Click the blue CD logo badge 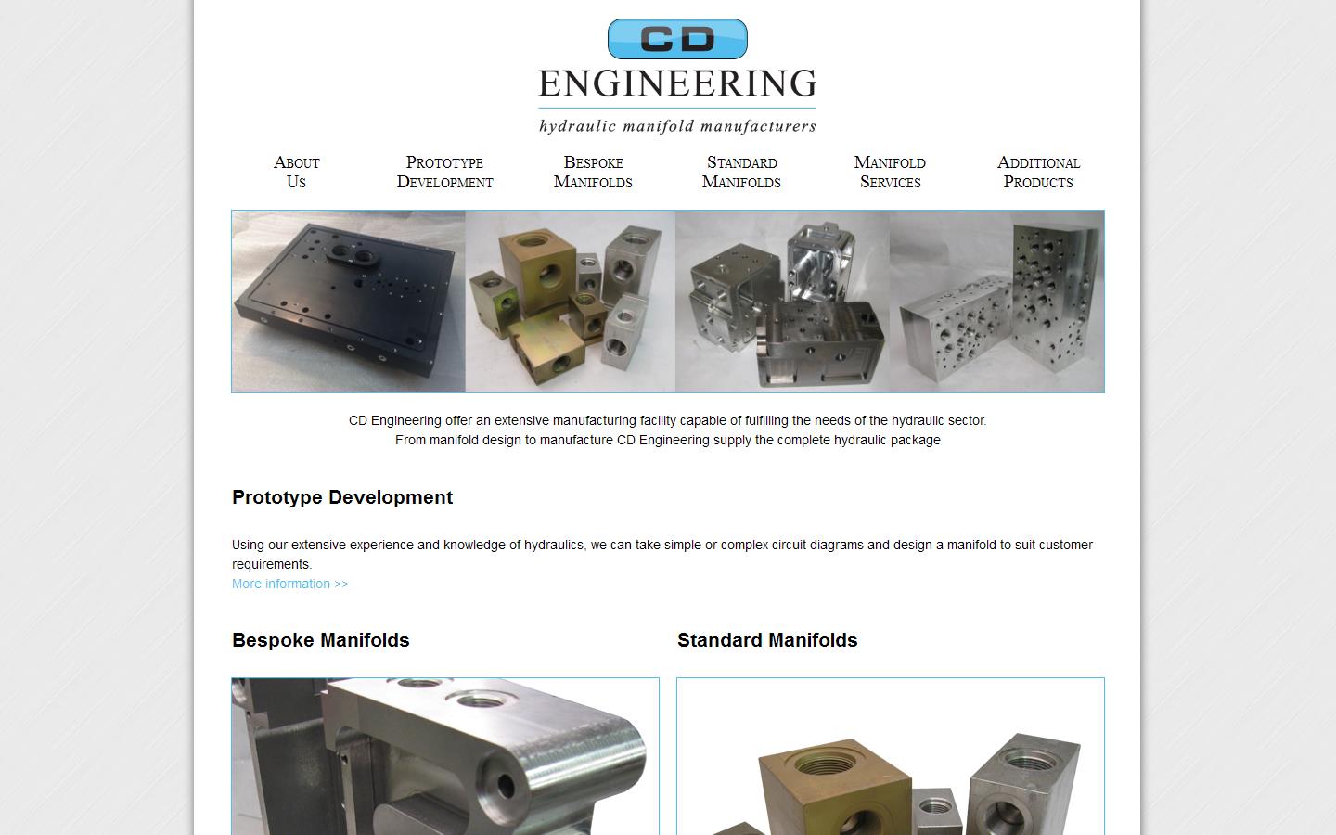pos(677,39)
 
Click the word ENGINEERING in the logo pos(677,83)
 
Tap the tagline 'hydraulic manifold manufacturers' pos(677,125)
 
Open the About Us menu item pos(296,172)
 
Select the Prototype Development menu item pos(444,172)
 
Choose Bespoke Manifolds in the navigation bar pos(593,172)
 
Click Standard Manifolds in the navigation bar pos(741,172)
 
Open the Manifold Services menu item pos(890,172)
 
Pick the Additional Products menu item pos(1038,172)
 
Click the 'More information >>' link pos(290,584)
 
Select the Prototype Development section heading pos(342,497)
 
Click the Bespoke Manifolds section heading pos(321,640)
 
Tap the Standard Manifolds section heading pos(767,640)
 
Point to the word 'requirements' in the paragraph pos(271,564)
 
